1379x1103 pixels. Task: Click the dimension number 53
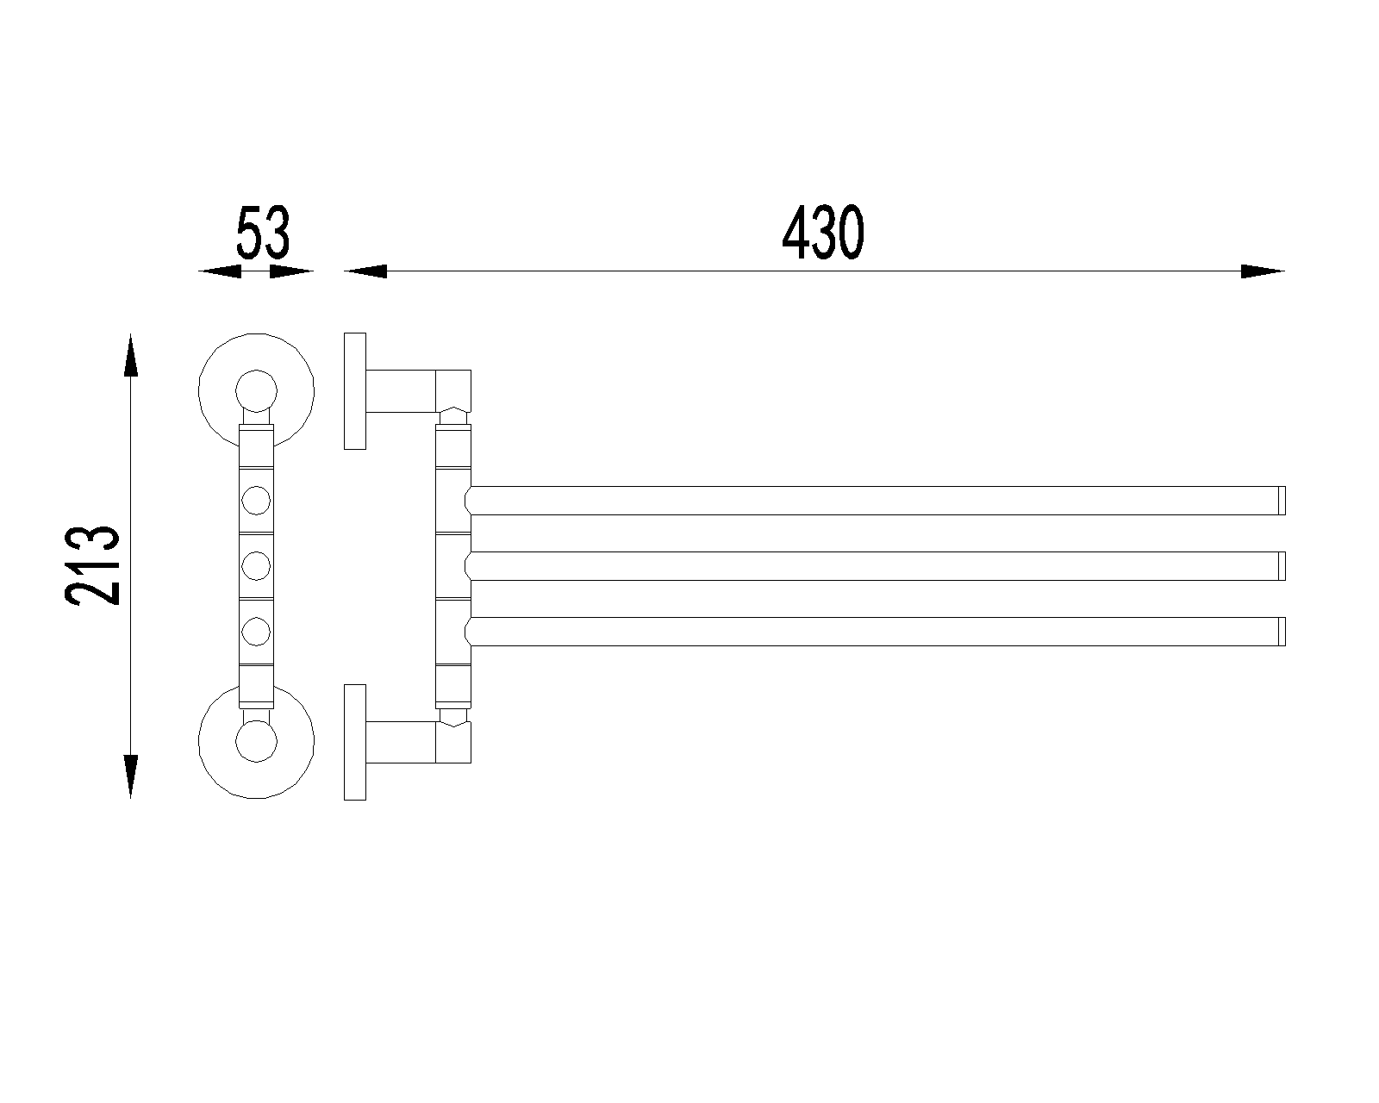point(264,232)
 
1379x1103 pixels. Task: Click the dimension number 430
point(823,233)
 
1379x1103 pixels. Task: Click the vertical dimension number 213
point(93,565)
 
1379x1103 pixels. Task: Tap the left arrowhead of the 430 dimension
point(365,271)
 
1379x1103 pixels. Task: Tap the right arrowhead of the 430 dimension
point(1263,271)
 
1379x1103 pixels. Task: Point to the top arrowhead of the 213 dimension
point(131,355)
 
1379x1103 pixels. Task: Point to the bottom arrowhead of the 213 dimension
point(131,776)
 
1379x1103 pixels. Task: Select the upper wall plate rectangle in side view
point(355,391)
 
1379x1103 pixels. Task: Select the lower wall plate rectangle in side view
point(355,742)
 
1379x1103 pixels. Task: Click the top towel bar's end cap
point(1282,501)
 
